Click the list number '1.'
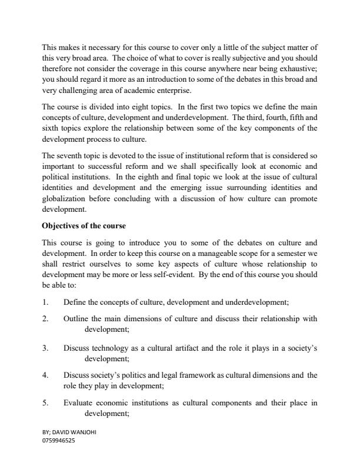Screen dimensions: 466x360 tap(45, 302)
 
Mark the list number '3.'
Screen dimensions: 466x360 tap(45, 348)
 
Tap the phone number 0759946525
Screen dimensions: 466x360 tap(58, 439)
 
